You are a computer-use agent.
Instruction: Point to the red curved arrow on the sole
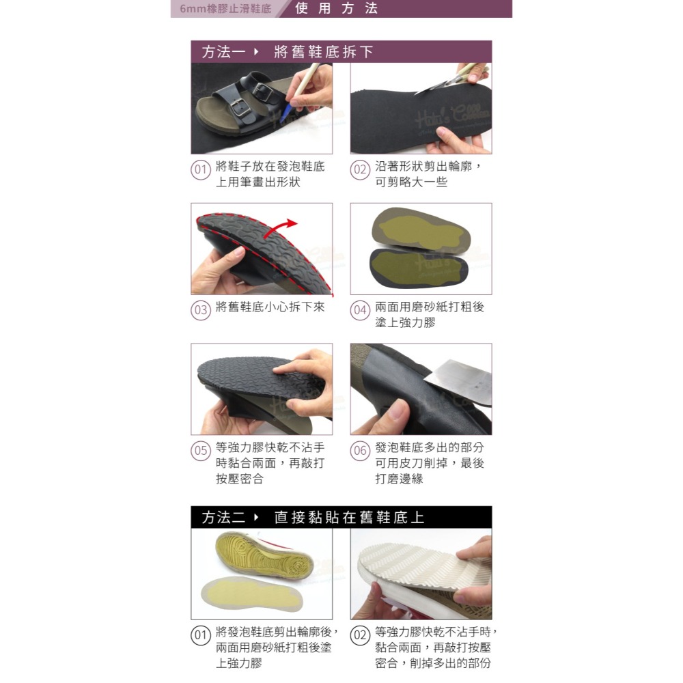tap(290, 224)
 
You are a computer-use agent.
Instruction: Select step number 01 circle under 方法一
tap(199, 171)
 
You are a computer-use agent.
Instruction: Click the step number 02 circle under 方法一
tap(360, 171)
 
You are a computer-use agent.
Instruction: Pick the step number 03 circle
tap(199, 311)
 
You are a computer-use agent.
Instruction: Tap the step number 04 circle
tap(360, 311)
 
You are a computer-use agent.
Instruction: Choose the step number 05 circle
tap(199, 451)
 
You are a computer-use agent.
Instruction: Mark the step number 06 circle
tap(360, 451)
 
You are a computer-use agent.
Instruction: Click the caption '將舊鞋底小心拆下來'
tap(270, 307)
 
